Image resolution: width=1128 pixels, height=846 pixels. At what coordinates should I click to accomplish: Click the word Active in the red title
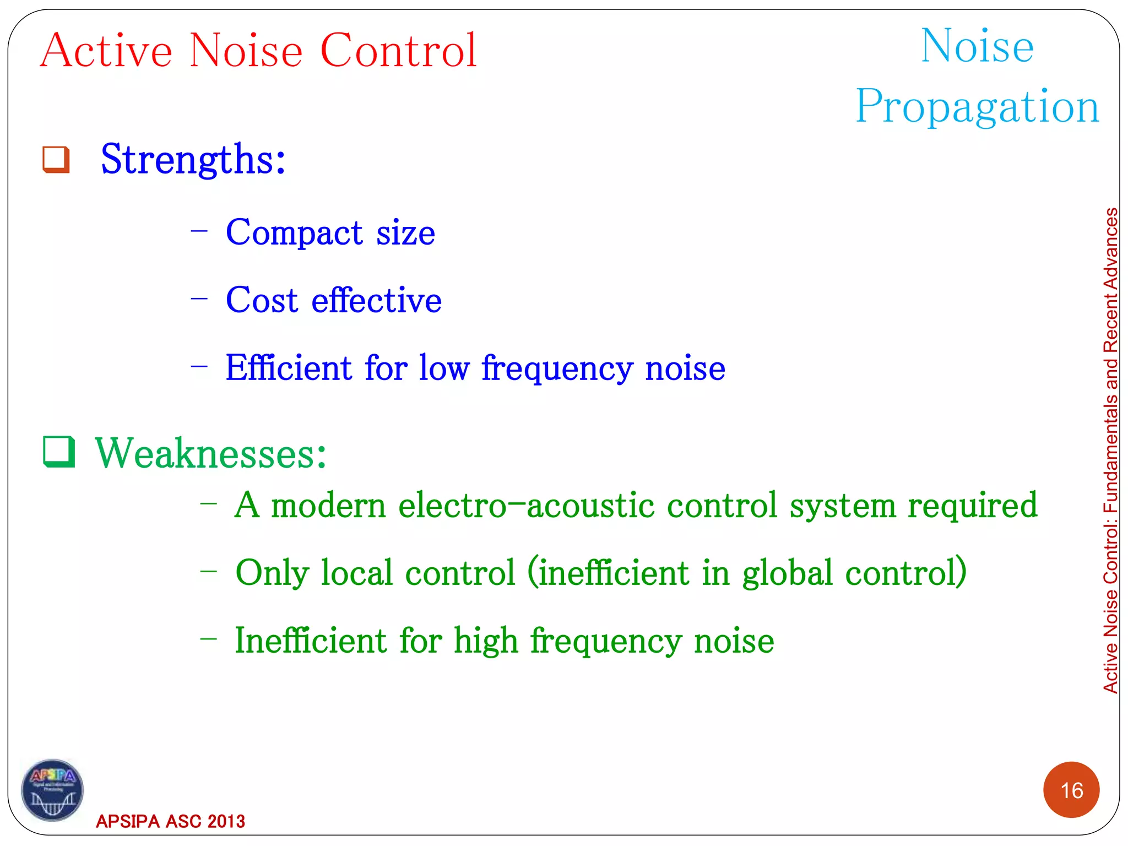tap(106, 51)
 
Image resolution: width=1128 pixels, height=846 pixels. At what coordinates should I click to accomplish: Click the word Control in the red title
tap(398, 51)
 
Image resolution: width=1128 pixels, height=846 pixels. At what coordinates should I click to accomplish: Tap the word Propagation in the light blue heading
tap(977, 107)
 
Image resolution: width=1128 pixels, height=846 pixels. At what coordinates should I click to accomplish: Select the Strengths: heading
tap(193, 160)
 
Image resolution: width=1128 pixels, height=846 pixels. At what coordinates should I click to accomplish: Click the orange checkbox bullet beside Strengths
tap(56, 160)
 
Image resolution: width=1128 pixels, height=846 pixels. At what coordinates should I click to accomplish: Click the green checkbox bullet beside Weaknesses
tap(59, 452)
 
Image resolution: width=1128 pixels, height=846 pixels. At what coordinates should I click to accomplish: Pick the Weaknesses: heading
tap(211, 453)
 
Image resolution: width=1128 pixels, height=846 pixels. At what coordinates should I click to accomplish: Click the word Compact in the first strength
tap(294, 233)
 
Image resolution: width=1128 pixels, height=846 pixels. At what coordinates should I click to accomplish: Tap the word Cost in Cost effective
tap(262, 301)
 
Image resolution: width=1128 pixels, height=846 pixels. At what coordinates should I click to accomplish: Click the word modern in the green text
tap(328, 505)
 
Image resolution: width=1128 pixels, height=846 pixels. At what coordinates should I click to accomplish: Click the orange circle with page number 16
tap(1071, 790)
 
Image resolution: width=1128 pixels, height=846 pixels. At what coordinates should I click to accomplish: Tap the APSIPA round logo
tap(52, 790)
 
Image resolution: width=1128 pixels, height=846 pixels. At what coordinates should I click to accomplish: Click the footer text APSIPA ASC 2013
tap(170, 821)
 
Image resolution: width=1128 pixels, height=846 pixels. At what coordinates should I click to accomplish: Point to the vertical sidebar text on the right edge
tap(1110, 450)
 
